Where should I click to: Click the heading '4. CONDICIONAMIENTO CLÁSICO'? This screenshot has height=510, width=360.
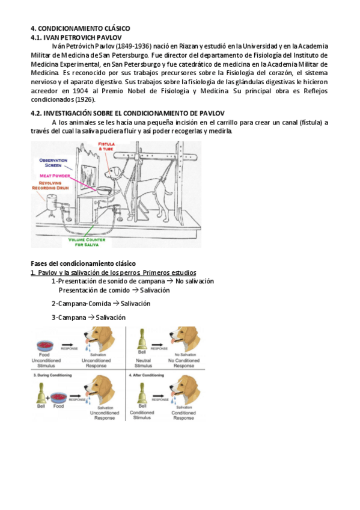tap(81, 28)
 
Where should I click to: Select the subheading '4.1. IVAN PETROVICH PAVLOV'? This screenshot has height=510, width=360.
tap(76, 37)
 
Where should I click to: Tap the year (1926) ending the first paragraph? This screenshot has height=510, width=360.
tap(85, 99)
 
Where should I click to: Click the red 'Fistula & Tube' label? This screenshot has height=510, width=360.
tap(106, 146)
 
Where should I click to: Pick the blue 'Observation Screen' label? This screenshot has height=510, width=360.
tap(53, 162)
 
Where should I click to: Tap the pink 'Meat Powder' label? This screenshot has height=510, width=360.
tap(55, 176)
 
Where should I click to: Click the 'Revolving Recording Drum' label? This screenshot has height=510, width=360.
tap(50, 185)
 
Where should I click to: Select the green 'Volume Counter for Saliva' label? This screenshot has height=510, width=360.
tap(87, 242)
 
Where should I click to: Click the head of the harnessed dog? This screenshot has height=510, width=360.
tap(113, 172)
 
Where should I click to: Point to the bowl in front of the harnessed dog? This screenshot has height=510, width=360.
tap(105, 190)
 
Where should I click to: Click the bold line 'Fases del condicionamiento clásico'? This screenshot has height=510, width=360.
tap(83, 263)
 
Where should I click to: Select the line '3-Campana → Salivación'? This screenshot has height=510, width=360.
tap(88, 318)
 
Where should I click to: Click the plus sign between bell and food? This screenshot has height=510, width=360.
tap(47, 398)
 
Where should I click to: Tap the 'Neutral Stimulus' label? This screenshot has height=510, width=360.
tap(143, 363)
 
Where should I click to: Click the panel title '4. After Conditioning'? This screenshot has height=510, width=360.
tap(147, 375)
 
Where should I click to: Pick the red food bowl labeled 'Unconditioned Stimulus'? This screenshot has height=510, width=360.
tap(45, 346)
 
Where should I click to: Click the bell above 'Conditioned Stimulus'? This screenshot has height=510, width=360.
tap(142, 393)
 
